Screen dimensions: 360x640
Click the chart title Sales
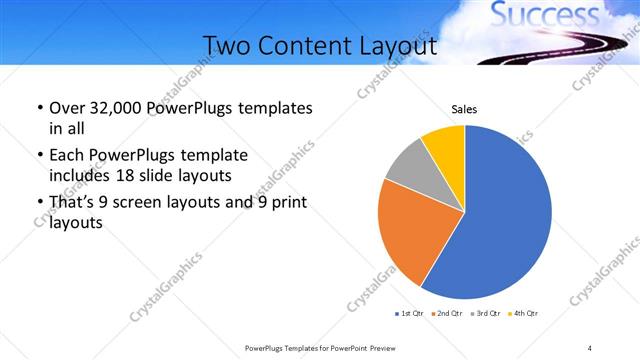click(x=464, y=108)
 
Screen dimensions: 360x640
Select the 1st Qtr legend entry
click(x=410, y=314)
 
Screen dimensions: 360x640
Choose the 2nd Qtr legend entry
click(x=446, y=314)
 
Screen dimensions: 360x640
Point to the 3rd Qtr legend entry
click(x=484, y=314)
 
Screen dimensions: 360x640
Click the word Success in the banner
click(x=543, y=16)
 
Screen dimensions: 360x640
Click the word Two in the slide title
click(x=227, y=46)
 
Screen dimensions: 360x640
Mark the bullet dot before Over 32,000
click(x=38, y=108)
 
